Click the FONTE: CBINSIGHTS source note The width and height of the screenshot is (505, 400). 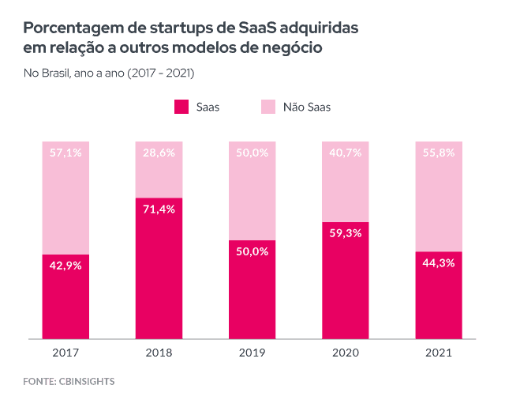tap(69, 382)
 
